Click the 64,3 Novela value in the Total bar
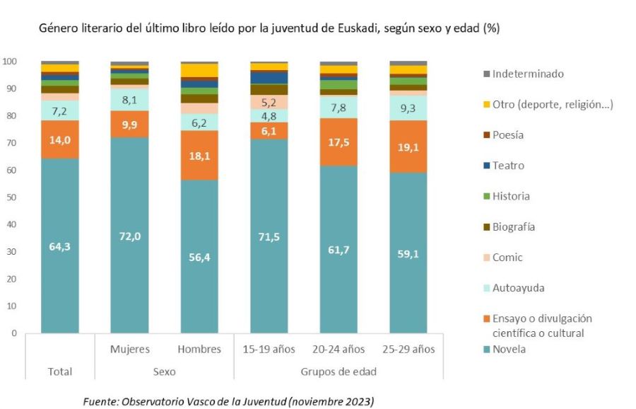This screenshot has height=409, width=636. click(59, 246)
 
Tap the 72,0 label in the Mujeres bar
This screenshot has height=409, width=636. click(129, 236)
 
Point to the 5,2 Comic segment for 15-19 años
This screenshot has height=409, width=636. click(269, 102)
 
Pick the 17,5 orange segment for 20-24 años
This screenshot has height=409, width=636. click(338, 141)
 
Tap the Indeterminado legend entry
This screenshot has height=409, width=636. click(522, 74)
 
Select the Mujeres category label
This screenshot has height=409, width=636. click(129, 349)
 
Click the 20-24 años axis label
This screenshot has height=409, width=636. click(338, 349)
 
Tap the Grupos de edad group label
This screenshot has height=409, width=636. click(338, 371)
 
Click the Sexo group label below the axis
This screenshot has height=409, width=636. click(164, 371)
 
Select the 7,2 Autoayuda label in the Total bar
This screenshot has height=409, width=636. click(59, 111)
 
